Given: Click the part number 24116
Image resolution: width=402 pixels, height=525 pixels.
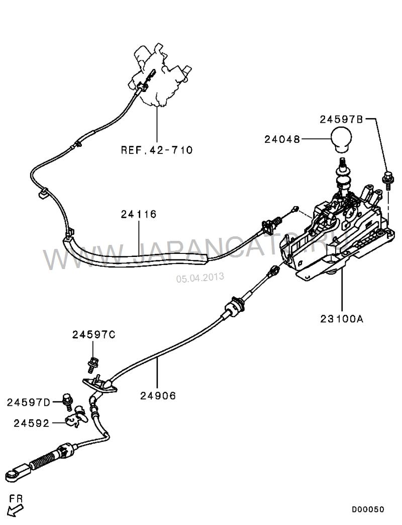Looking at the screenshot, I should tap(138, 214).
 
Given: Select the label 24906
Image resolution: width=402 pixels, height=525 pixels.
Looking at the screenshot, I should tap(158, 396).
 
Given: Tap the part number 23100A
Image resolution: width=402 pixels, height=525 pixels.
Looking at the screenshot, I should tap(342, 318).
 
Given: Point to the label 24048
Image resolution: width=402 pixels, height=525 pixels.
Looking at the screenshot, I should tap(282, 139).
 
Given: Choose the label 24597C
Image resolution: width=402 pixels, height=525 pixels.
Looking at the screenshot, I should tap(93, 334).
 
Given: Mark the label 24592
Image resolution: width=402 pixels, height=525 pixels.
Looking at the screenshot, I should tap(32, 423).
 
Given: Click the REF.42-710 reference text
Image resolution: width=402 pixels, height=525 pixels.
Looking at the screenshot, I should tap(156, 149).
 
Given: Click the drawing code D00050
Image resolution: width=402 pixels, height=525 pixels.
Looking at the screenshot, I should tap(368, 509).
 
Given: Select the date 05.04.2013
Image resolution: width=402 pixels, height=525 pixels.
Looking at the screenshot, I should tap(199, 277).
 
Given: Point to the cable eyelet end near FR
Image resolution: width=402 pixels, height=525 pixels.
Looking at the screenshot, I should tap(13, 475).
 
